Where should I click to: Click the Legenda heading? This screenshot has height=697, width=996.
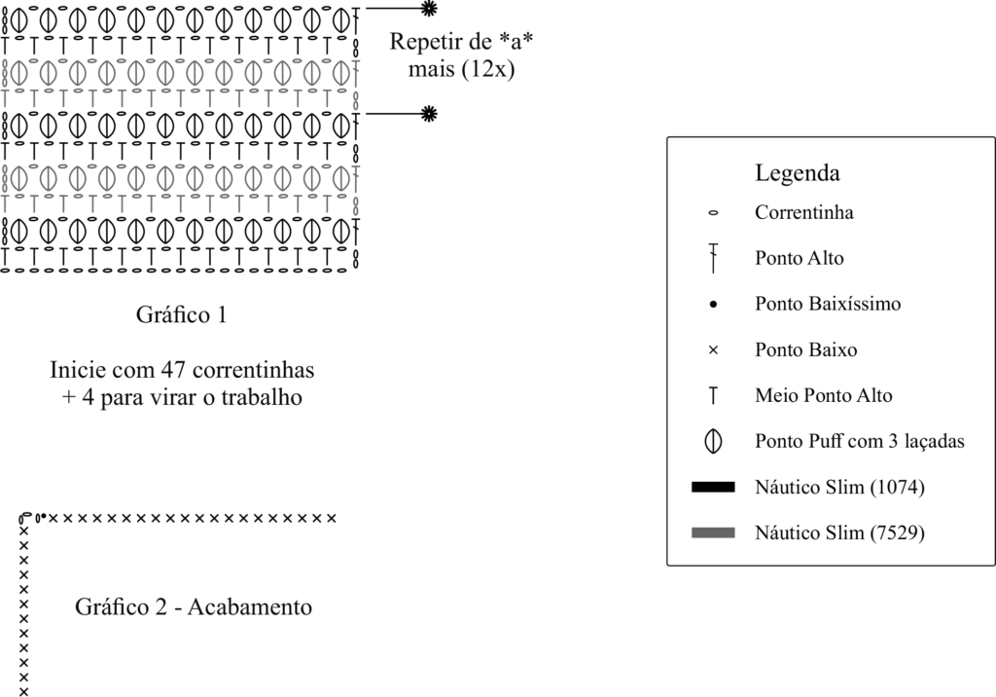tap(797, 174)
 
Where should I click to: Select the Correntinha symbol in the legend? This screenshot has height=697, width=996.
tap(713, 212)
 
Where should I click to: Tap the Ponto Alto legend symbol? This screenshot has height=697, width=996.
tap(713, 258)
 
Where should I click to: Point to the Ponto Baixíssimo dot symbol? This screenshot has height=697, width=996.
tap(713, 305)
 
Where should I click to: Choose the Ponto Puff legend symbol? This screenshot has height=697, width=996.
tap(713, 441)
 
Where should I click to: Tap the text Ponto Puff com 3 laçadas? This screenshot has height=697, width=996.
tap(859, 441)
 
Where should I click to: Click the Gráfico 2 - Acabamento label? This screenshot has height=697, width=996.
tap(194, 607)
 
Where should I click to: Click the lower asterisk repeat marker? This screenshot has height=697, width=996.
tap(428, 114)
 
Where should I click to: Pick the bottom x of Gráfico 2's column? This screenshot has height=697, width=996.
tap(23, 691)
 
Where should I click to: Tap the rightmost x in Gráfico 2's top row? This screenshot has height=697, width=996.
tap(332, 517)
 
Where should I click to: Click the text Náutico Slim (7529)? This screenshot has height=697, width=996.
tap(838, 533)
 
